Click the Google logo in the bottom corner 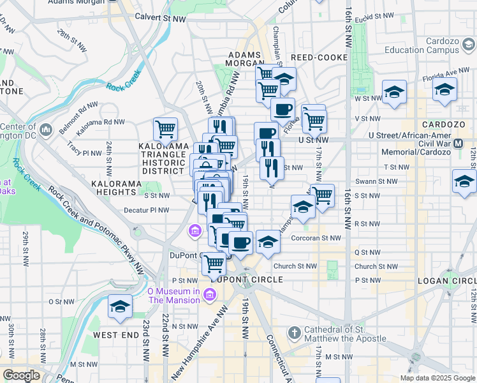pos(20,375)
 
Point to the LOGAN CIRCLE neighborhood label pos(446,281)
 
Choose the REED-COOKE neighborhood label pos(321,57)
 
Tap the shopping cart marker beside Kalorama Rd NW pos(166,129)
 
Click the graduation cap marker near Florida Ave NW pos(444,89)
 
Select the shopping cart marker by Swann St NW pos(323,195)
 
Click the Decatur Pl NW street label pos(148,209)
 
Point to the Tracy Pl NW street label pos(84,153)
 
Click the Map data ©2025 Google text pos(437,378)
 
